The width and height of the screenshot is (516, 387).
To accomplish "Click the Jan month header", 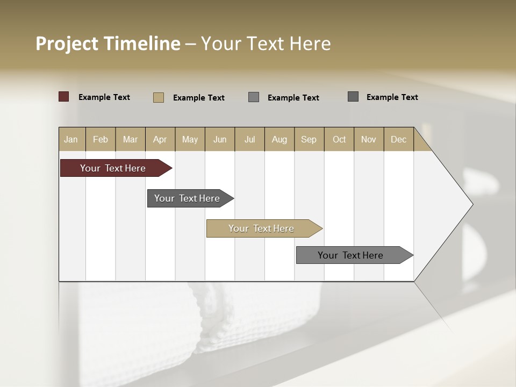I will [x=71, y=139].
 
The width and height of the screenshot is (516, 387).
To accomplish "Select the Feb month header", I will [x=101, y=139].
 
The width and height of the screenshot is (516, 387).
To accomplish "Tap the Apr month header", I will [x=160, y=139].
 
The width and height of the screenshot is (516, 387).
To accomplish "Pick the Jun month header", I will [x=220, y=139].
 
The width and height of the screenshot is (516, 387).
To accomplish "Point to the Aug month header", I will [x=279, y=139].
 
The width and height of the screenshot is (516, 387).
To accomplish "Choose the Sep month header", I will [x=309, y=139].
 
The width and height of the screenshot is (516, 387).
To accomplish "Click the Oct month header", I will [x=339, y=139].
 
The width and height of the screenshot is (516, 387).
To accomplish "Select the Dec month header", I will [x=399, y=139].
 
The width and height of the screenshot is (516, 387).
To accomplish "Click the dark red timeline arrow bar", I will [x=113, y=168].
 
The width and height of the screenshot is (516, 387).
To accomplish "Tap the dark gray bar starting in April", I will [x=188, y=198].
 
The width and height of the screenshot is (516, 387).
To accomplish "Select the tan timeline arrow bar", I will [x=262, y=228].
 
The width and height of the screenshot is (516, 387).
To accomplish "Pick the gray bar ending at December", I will [x=351, y=255].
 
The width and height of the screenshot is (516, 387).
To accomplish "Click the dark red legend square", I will [x=64, y=97].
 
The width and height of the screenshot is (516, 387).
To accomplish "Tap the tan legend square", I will [x=159, y=97].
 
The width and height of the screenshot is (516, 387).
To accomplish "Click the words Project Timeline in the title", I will [x=107, y=44].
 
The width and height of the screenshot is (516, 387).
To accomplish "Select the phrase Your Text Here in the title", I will [x=266, y=44].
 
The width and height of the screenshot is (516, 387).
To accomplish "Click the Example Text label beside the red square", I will [x=104, y=97].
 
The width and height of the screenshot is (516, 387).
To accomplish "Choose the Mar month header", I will [x=131, y=139].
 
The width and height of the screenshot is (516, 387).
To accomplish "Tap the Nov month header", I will [x=369, y=139].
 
